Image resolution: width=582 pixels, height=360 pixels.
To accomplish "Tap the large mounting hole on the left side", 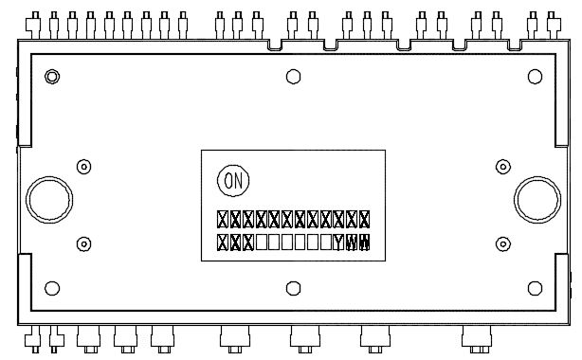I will pos(47,200).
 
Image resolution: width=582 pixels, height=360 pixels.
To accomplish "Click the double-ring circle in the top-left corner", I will pos(53,76).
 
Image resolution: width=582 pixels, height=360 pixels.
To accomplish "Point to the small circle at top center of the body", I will pos(293,77).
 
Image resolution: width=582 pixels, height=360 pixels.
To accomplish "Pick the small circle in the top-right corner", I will pos(533,77).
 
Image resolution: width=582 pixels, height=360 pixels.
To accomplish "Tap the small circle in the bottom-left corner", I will pos(53,288).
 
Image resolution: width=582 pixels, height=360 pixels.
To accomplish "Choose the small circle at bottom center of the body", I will pos(293,288).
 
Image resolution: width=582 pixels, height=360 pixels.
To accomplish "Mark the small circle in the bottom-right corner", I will pos(533,288).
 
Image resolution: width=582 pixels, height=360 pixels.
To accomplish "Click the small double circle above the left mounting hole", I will pos(83,166).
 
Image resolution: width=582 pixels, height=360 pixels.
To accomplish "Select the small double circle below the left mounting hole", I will pos(83,243).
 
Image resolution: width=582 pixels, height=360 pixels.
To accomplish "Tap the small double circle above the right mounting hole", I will pos(500,166).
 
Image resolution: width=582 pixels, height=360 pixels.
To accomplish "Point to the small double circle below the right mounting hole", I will pos(500,243).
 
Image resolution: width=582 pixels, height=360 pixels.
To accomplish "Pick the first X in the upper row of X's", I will pos(223,219).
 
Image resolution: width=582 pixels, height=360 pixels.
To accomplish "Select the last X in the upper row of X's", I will pos(364,219).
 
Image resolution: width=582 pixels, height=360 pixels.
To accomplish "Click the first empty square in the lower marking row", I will pos(262,242).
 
